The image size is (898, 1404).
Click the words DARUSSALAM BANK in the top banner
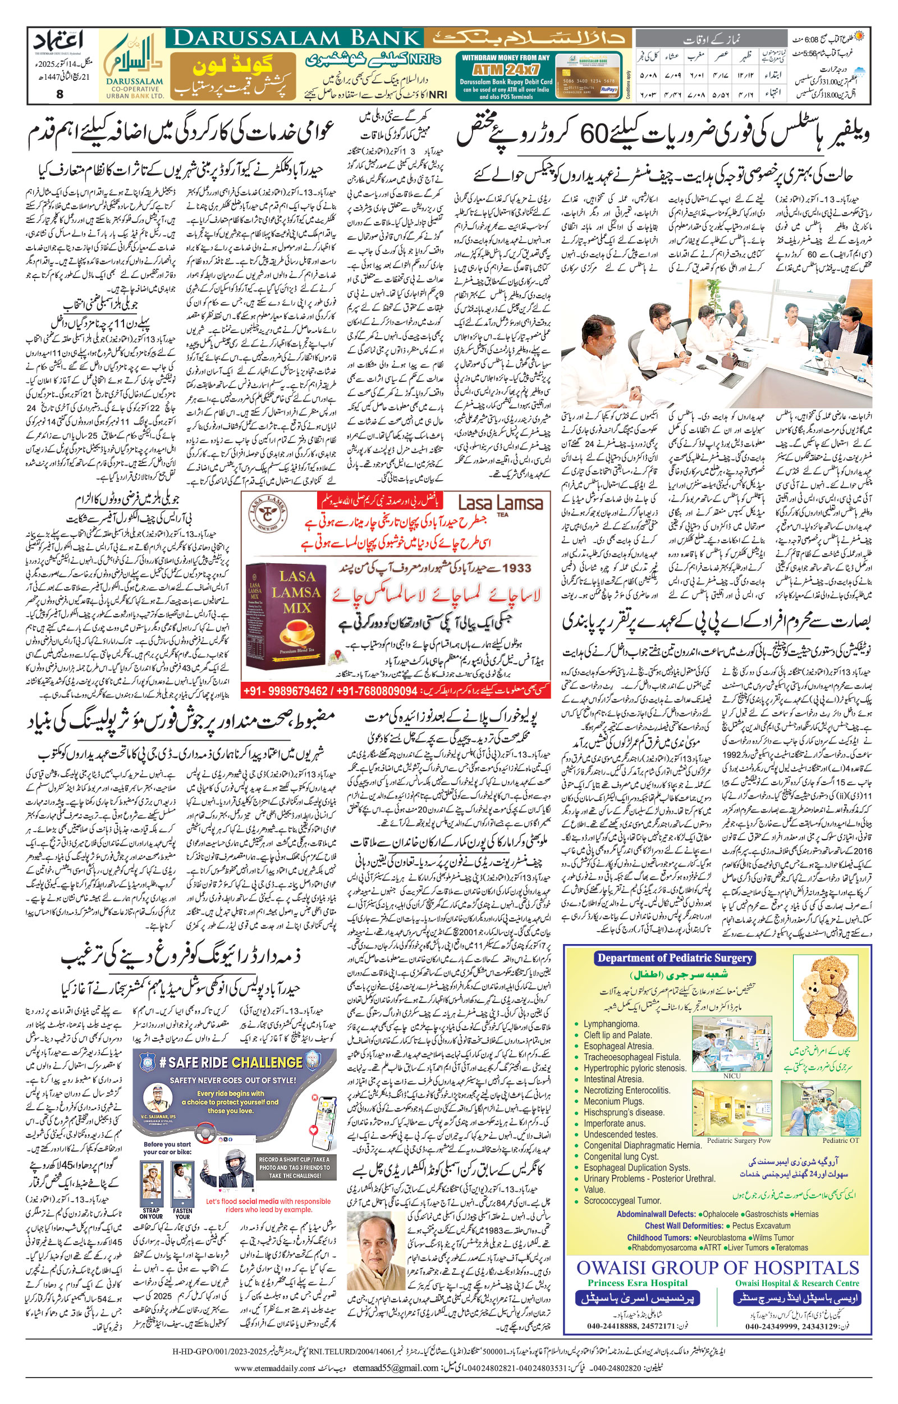297,39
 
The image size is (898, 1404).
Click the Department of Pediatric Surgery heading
675,957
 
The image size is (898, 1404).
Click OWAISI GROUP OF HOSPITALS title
718,1268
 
